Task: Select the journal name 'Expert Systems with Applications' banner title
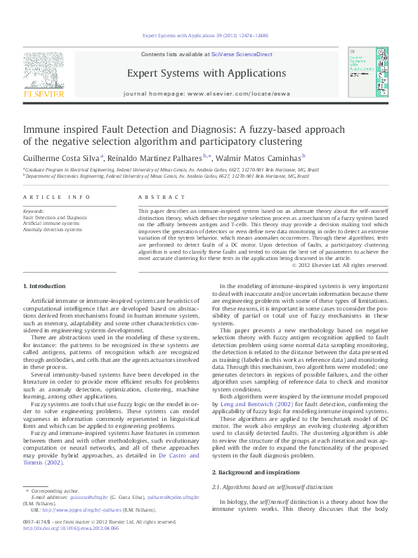tap(206, 73)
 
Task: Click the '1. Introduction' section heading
tap(44, 286)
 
